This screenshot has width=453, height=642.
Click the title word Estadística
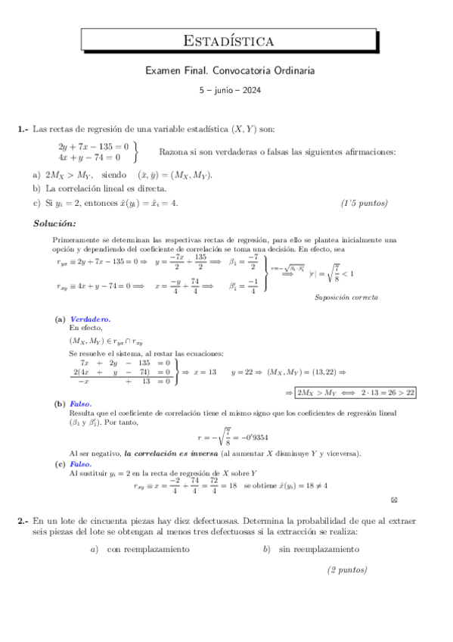(228, 40)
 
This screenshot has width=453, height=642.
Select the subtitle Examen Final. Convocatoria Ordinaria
(228, 70)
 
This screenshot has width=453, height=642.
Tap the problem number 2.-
(23, 522)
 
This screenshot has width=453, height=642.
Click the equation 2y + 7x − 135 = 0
(94, 145)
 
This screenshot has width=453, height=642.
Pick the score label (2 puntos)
(347, 569)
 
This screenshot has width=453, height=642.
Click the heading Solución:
(54, 223)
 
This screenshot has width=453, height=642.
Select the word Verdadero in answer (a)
(90, 319)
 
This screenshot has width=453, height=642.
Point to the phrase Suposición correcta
(346, 297)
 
